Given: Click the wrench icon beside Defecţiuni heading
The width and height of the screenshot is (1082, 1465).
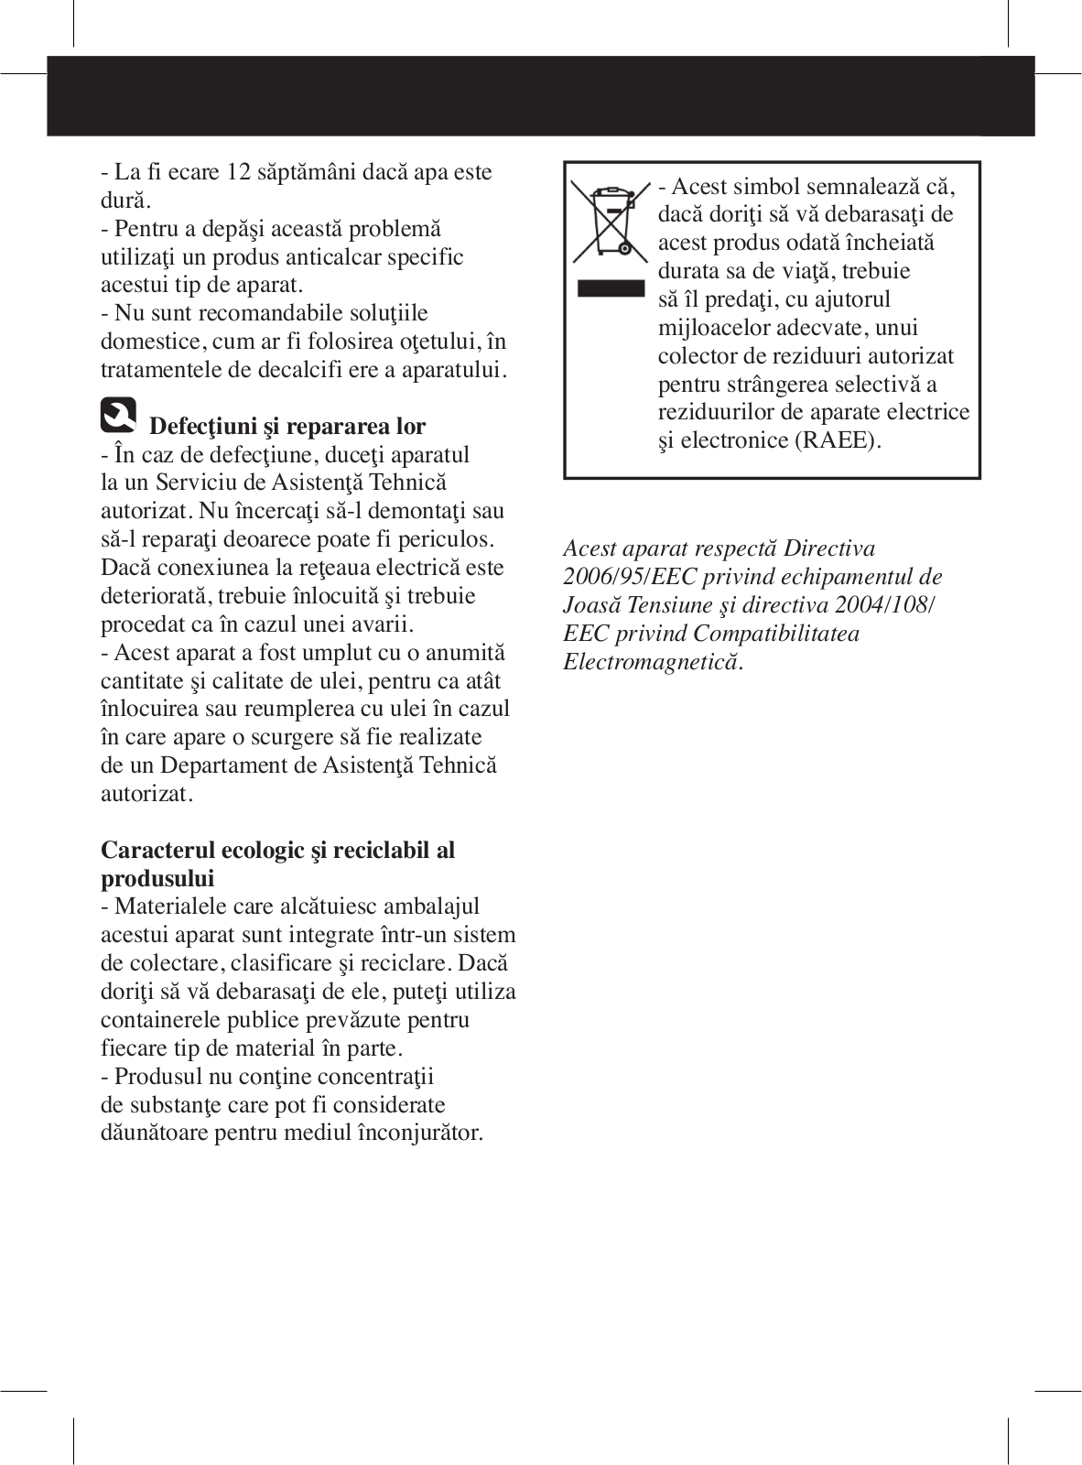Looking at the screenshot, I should pos(118,416).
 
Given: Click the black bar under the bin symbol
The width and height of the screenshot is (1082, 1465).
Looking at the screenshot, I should pos(611,288).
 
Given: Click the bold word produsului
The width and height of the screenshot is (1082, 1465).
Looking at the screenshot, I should pos(157,878).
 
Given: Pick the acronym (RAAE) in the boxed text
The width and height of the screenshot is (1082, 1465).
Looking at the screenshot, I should pos(838,440).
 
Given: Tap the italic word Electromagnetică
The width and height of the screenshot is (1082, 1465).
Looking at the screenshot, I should pos(653,662).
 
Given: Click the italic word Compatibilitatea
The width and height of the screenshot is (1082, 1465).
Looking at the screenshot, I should pos(776,634).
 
